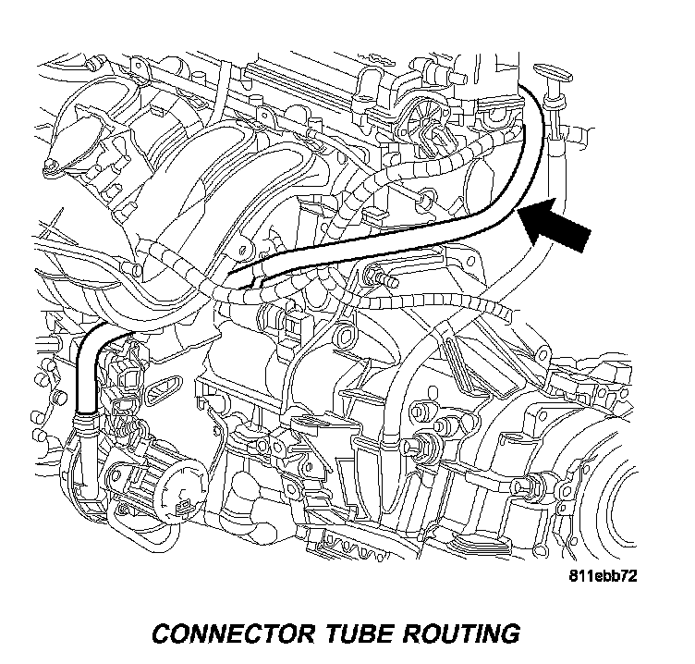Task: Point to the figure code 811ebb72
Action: pyautogui.click(x=604, y=575)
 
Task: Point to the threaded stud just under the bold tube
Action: pyautogui.click(x=382, y=275)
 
